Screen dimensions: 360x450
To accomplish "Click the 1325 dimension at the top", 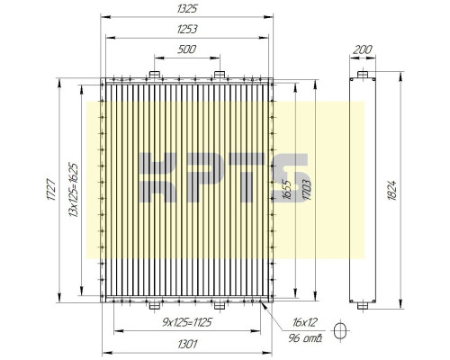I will [x=187, y=8].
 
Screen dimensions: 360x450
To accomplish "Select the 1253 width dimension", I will [x=187, y=29].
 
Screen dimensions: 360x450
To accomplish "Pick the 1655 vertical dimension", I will [x=286, y=190].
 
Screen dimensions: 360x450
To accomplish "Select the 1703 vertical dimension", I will [x=307, y=190].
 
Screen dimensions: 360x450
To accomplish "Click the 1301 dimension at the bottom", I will [x=187, y=343].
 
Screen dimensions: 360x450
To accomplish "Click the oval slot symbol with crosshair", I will [x=339, y=330].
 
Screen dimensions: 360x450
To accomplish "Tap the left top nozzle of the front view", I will [x=154, y=73].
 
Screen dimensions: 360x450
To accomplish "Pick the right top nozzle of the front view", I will [x=219, y=73].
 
